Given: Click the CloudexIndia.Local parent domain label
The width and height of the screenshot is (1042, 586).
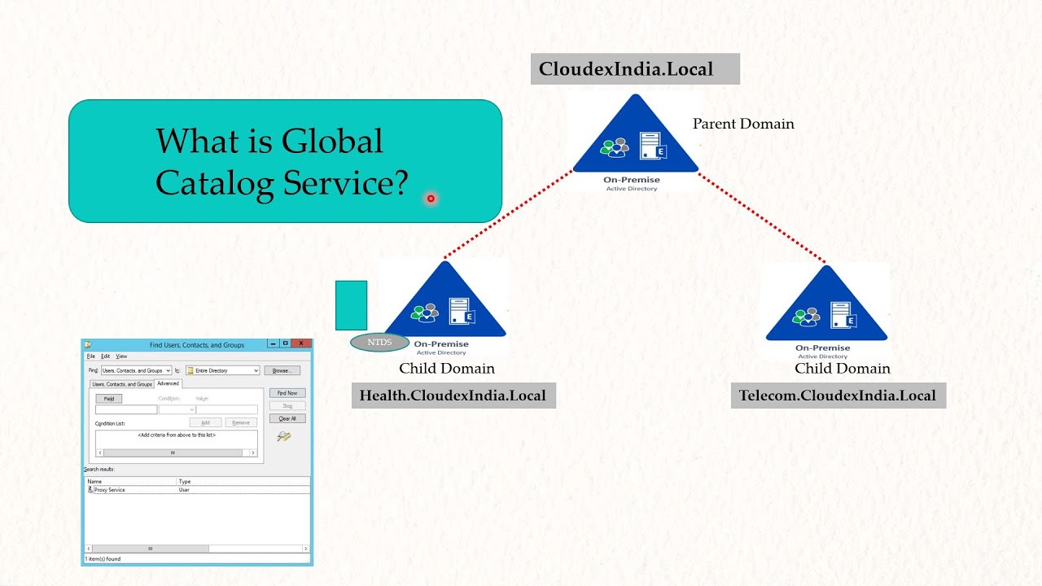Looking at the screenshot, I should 626,69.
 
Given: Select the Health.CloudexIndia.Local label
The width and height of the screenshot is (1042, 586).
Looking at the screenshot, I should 453,396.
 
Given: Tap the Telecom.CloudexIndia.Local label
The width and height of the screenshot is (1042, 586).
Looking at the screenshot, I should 838,396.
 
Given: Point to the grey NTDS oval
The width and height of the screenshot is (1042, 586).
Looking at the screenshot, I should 380,342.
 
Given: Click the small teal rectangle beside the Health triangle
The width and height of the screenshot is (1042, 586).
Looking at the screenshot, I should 351,305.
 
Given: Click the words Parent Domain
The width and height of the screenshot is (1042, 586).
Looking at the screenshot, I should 743,124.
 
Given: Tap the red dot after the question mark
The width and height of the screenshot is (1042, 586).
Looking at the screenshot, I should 431,198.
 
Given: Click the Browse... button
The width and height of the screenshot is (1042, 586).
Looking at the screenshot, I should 282,370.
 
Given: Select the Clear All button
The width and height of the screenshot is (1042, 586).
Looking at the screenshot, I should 287,418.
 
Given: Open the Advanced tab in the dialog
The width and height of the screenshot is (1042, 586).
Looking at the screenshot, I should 168,383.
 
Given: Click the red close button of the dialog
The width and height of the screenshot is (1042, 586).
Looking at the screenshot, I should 301,344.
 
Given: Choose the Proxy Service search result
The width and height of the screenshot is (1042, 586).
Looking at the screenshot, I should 110,490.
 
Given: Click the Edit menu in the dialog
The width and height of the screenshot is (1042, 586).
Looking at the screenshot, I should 106,356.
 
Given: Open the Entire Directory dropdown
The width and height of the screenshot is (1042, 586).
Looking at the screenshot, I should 222,370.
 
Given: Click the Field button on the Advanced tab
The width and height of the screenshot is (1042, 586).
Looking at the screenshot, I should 109,399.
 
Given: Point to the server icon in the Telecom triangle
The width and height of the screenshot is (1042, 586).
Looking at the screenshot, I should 842,315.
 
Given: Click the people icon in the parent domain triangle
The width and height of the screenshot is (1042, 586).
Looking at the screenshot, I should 615,147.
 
